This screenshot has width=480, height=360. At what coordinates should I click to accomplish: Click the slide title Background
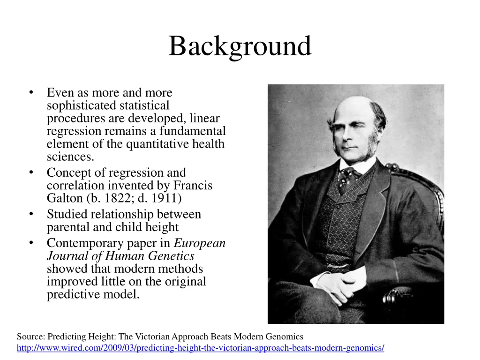coord(240,47)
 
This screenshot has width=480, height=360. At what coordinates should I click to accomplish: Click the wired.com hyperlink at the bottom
coord(200,348)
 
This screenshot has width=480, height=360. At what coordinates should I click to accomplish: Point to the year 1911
coord(163,198)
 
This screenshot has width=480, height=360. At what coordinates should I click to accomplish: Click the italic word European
coord(200,243)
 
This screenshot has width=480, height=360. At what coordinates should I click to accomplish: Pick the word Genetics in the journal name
coord(171,256)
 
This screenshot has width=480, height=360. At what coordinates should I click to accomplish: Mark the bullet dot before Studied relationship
coord(31,214)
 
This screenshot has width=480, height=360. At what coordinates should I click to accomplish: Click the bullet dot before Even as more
coord(31,92)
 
